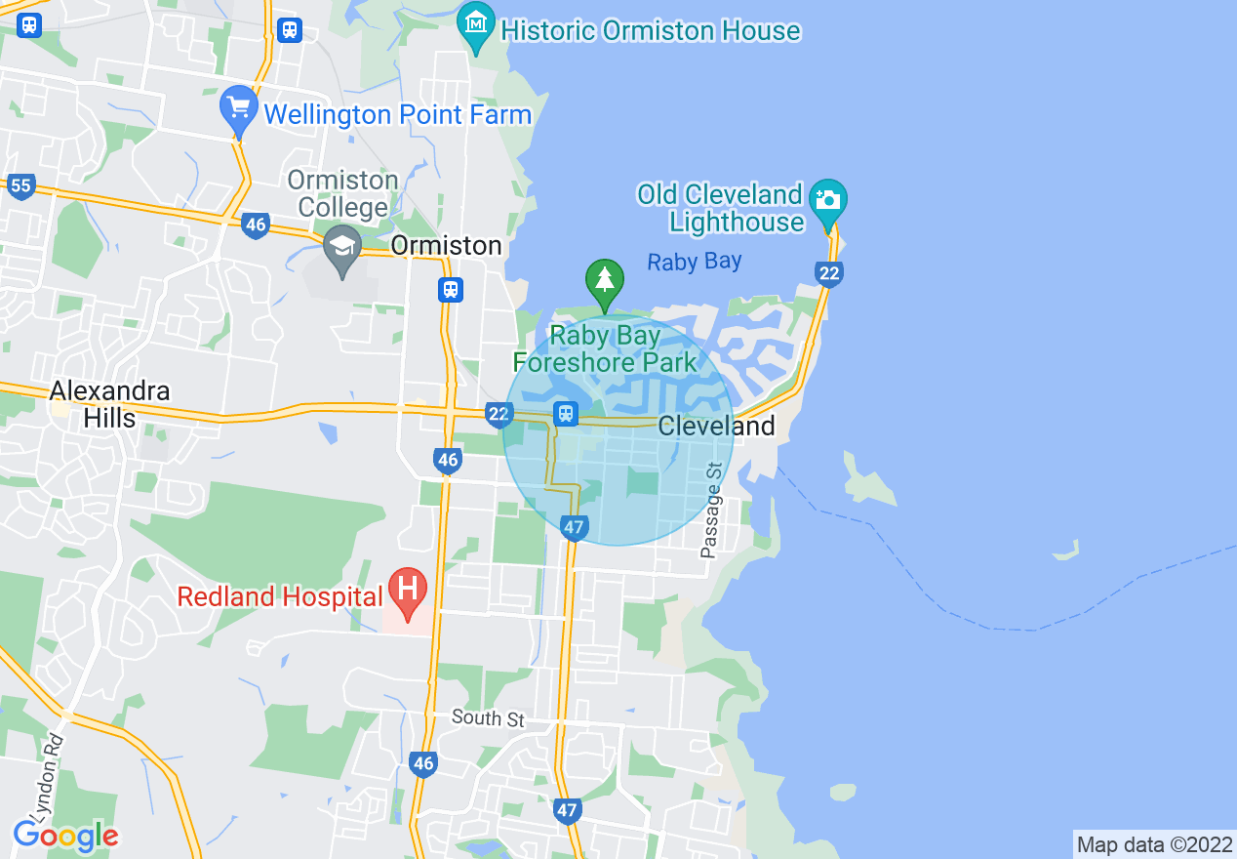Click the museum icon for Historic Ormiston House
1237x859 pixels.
point(476,21)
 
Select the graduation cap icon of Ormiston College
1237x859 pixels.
point(342,247)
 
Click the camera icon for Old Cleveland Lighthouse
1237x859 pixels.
point(828,200)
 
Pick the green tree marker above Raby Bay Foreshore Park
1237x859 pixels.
point(605,280)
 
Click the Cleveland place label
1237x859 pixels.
point(716,427)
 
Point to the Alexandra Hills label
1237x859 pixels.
point(110,404)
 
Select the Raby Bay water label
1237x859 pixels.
point(695,262)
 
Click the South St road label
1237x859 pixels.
point(489,719)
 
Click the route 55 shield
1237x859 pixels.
point(20,185)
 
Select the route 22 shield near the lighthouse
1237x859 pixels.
point(828,273)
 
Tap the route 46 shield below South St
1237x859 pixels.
point(422,763)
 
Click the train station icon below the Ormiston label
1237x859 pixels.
point(450,290)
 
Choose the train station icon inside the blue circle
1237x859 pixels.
point(565,414)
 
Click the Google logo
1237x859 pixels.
point(65,836)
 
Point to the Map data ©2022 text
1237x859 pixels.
point(1154,844)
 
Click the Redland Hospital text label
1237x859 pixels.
point(280,596)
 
